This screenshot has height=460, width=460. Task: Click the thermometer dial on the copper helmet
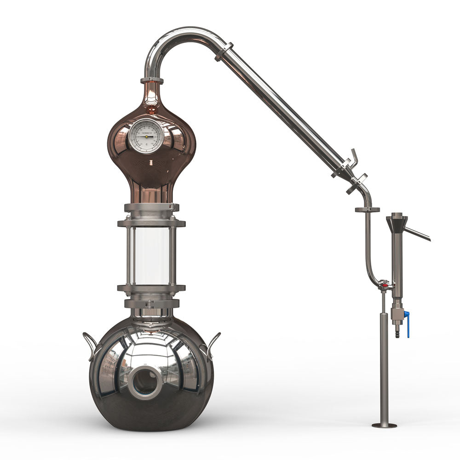click(145, 136)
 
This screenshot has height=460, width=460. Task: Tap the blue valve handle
click(407, 324)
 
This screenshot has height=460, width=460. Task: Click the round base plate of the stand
click(384, 425)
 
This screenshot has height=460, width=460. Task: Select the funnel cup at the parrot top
click(397, 223)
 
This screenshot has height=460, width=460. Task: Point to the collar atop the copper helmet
click(152, 81)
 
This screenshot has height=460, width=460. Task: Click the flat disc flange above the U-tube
click(367, 210)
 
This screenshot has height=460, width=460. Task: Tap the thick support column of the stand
click(384, 368)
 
